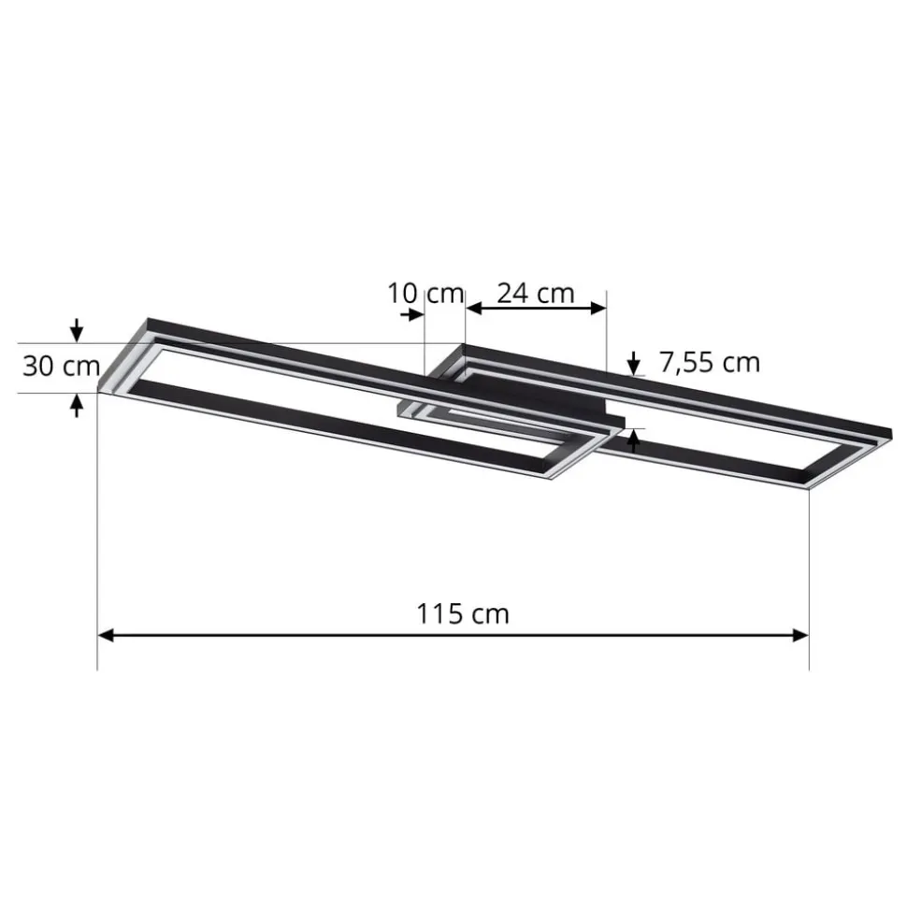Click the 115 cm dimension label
(x=463, y=613)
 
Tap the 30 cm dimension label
(x=61, y=366)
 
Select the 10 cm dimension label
(x=425, y=293)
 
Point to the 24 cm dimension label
(x=535, y=293)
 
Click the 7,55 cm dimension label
(x=710, y=362)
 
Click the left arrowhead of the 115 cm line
(x=106, y=636)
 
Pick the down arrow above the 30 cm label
(x=78, y=331)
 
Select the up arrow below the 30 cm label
(x=78, y=404)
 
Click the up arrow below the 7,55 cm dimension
(x=636, y=440)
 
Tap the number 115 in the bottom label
(x=441, y=613)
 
